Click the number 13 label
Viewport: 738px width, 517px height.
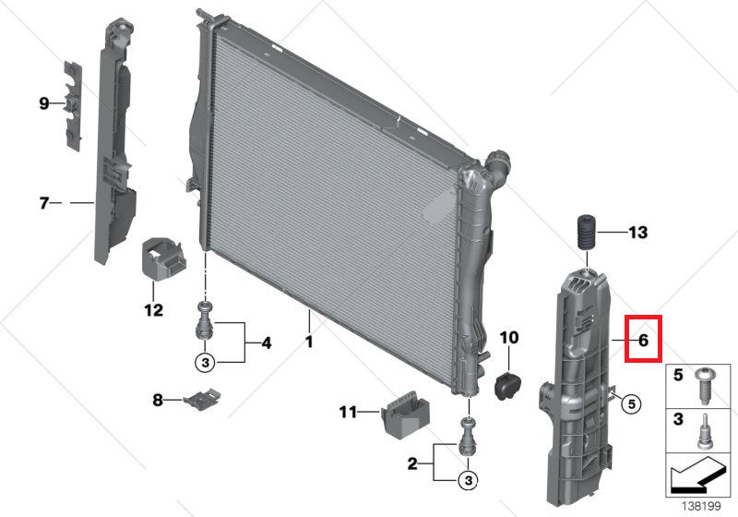point(638,233)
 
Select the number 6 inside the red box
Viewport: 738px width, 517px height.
point(644,340)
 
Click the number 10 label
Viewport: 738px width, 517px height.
point(509,339)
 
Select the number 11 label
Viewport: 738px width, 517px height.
point(348,412)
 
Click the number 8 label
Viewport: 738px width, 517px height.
point(158,400)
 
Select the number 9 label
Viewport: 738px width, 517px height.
point(43,104)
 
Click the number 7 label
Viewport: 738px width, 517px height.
point(43,202)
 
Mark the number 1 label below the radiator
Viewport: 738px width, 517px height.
point(309,342)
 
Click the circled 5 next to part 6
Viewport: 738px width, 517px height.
point(630,403)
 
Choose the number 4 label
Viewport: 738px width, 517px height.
point(266,343)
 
